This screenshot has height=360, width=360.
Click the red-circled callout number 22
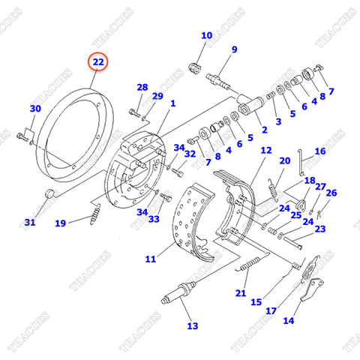(98, 62)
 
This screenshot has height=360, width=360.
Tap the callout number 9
(234, 50)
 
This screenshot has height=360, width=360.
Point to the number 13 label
(193, 325)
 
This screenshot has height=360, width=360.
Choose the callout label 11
(150, 259)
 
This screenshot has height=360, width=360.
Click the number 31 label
(29, 222)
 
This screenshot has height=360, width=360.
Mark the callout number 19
(60, 222)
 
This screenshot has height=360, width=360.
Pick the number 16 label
(320, 151)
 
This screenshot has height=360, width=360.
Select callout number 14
(289, 321)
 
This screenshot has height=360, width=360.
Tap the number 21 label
(241, 292)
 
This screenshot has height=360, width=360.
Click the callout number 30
(35, 109)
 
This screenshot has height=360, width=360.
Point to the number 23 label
(319, 229)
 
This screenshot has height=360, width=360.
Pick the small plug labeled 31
(51, 195)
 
